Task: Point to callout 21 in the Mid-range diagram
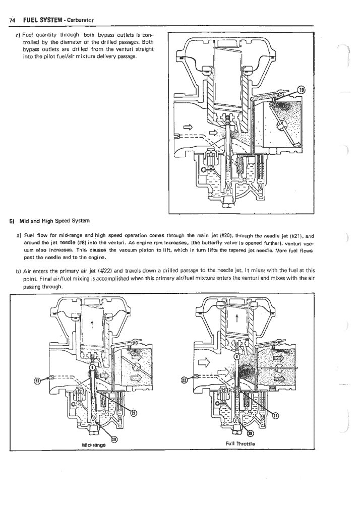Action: [133, 413]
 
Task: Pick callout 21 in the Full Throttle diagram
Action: [276, 416]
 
